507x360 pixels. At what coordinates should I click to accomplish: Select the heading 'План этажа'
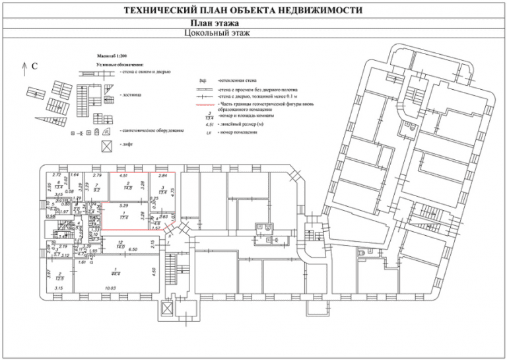tap(253, 23)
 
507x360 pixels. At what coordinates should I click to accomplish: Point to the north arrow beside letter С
tap(24, 65)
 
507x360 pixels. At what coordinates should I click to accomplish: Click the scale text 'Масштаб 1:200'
tap(114, 57)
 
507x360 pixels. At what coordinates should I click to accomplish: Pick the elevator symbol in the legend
tap(106, 145)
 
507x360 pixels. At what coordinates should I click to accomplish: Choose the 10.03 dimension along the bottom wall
tap(110, 289)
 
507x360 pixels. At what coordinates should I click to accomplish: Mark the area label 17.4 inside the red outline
tap(123, 217)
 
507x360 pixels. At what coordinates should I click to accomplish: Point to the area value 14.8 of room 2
tap(130, 189)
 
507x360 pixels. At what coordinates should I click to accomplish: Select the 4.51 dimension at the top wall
tap(123, 176)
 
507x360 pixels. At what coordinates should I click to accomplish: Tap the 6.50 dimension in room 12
tap(132, 250)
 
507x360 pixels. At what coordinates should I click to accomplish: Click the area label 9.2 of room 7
tap(96, 190)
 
